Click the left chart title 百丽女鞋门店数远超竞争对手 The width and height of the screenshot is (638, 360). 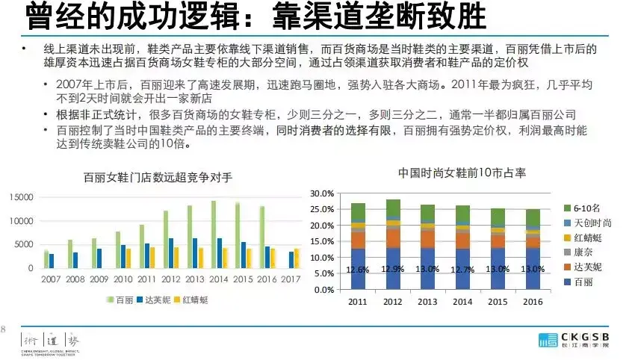[x=158, y=177]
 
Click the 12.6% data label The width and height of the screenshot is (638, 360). [x=358, y=270]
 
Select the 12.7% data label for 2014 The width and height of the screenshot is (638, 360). [x=463, y=269]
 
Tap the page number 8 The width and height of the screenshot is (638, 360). [x=3, y=329]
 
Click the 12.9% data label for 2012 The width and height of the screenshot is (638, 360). [x=393, y=269]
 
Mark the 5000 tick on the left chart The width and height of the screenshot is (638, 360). [x=25, y=244]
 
